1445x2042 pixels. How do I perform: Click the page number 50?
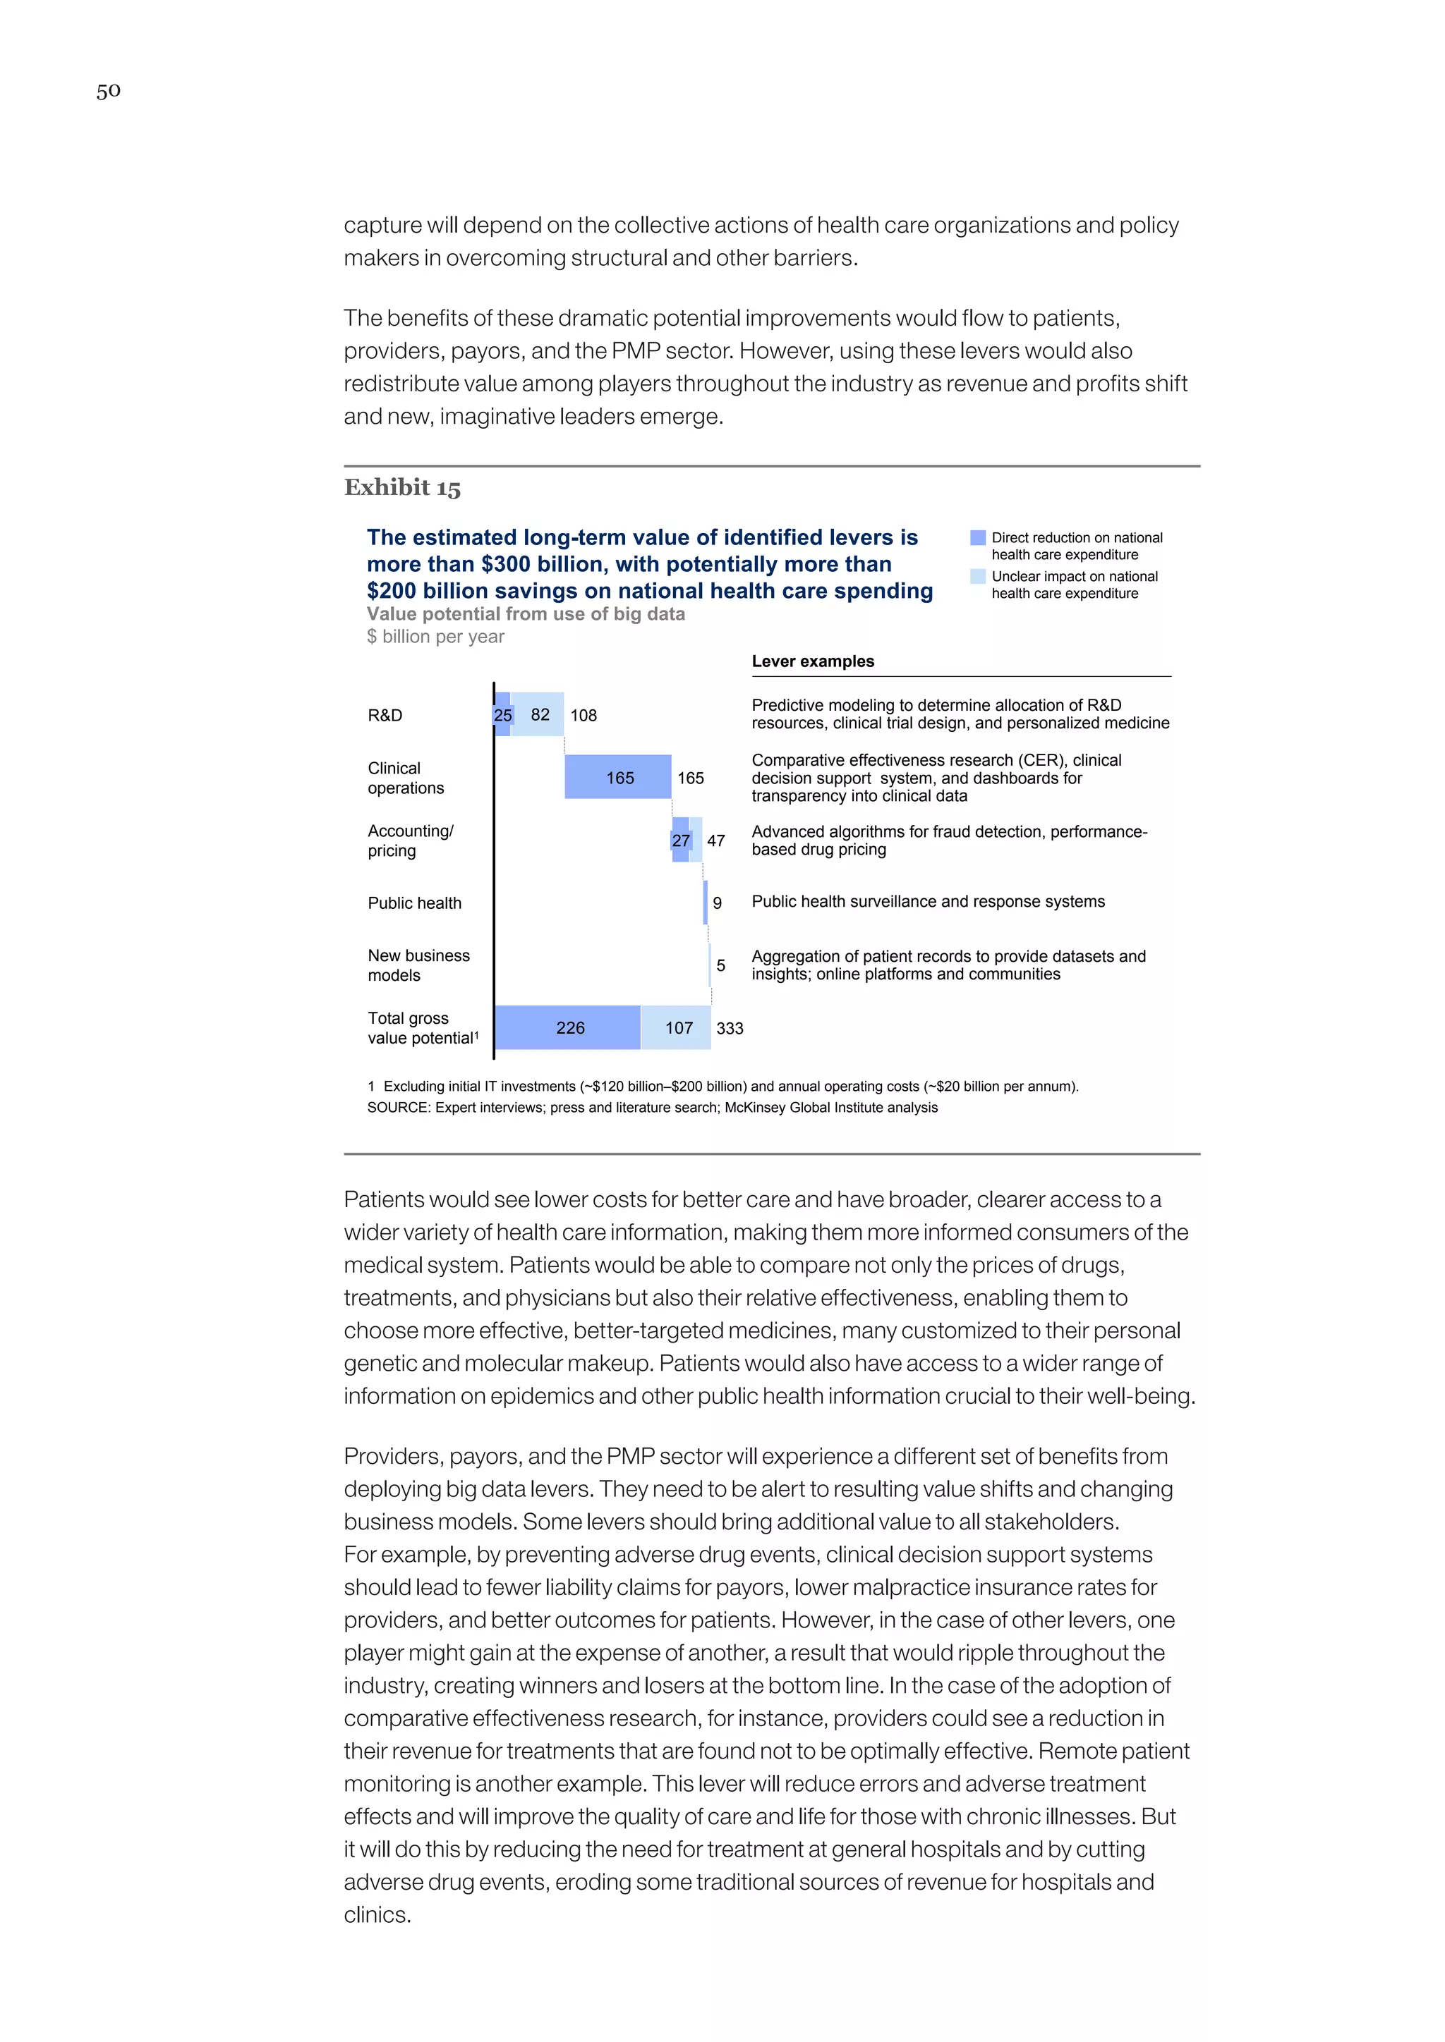109,91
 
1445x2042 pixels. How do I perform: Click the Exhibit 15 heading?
402,487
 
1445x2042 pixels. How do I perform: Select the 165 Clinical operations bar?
617,777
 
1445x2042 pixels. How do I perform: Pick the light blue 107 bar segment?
676,1028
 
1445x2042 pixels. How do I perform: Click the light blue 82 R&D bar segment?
539,715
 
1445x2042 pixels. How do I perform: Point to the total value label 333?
730,1029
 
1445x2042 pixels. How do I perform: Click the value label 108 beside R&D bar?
584,716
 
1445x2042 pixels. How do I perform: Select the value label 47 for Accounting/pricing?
716,841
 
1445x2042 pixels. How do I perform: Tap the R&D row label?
385,716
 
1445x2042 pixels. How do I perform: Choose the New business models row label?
418,966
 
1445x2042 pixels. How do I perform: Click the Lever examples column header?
812,661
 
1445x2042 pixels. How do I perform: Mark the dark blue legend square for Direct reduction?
978,538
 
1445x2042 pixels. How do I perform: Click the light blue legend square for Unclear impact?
978,576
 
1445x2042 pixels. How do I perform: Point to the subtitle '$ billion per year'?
435,637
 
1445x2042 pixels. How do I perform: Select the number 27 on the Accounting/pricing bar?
681,841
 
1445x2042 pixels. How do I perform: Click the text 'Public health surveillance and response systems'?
928,902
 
